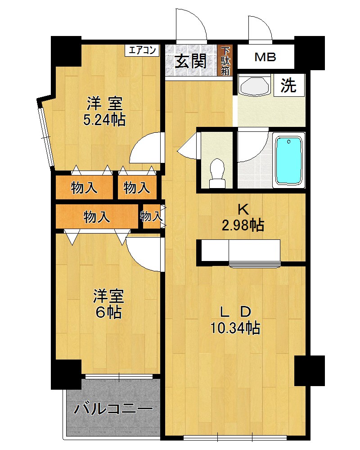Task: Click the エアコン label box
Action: tap(142, 50)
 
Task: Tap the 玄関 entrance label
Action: tap(191, 61)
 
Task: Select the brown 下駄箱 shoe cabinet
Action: tap(225, 61)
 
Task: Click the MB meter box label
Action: tap(265, 57)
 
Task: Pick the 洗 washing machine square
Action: tap(289, 85)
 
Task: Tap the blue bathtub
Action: tap(289, 160)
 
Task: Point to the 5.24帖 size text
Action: tap(104, 120)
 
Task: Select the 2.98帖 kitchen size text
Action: tap(243, 225)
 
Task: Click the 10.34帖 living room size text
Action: tap(235, 328)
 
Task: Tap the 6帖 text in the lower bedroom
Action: tap(108, 312)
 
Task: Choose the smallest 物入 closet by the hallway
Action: tap(151, 216)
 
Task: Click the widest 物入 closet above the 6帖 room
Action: tap(97, 216)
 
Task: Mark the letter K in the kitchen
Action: tap(243, 210)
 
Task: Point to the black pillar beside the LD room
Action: tap(310, 370)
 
